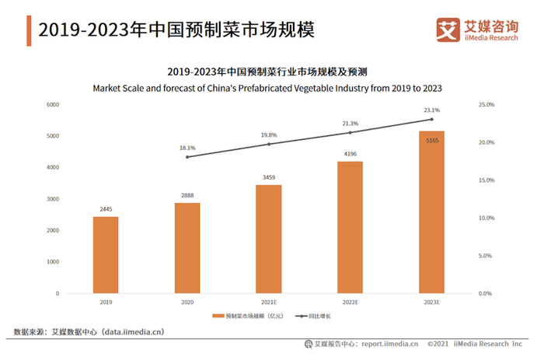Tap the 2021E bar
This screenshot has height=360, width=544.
269,239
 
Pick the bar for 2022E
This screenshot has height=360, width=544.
350,227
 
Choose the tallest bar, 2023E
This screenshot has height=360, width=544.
431,211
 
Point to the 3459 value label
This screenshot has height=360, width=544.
269,178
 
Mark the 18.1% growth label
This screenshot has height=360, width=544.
187,147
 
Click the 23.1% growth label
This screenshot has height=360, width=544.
431,110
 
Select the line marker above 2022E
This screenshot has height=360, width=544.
350,132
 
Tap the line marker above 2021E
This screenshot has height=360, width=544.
269,144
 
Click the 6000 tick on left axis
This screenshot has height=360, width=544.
53,104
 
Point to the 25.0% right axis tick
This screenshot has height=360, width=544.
486,104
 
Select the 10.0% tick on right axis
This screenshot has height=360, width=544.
486,218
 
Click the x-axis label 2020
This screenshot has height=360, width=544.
187,302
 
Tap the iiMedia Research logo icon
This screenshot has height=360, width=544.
448,30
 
